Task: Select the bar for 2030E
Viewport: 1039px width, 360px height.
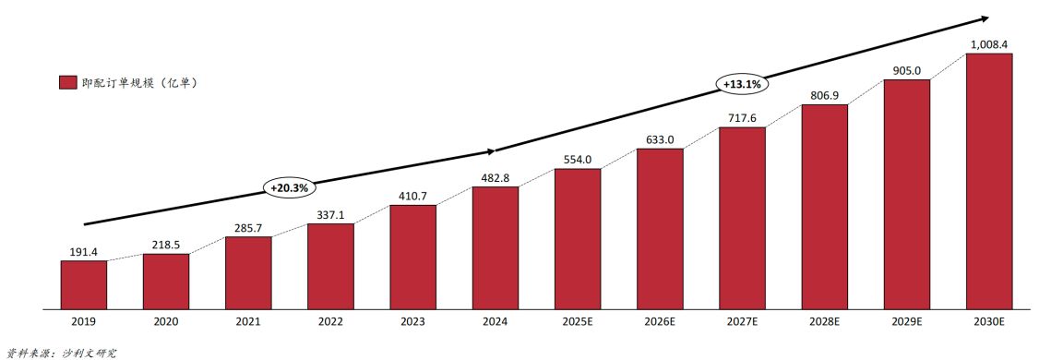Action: (x=989, y=180)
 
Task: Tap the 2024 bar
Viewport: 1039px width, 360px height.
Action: (x=496, y=247)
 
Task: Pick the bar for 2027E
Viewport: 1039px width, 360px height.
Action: (x=742, y=217)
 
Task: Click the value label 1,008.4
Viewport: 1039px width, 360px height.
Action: (x=989, y=43)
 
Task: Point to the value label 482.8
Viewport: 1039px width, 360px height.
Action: (x=496, y=177)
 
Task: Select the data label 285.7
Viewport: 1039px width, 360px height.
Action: (x=248, y=227)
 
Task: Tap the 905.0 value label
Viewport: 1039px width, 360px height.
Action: (x=907, y=69)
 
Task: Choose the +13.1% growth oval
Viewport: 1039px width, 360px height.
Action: (x=742, y=84)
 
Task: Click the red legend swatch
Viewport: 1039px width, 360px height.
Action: (x=67, y=83)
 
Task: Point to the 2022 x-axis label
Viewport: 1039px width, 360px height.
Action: (x=330, y=322)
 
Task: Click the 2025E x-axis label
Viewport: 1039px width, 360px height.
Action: (x=578, y=322)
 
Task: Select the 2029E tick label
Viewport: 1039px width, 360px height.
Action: (x=907, y=322)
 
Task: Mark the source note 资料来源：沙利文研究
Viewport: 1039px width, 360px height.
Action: (x=62, y=352)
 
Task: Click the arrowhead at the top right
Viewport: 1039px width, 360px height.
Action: (x=985, y=18)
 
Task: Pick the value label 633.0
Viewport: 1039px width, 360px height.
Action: (x=660, y=139)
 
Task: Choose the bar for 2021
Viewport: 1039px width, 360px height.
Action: (x=248, y=272)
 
